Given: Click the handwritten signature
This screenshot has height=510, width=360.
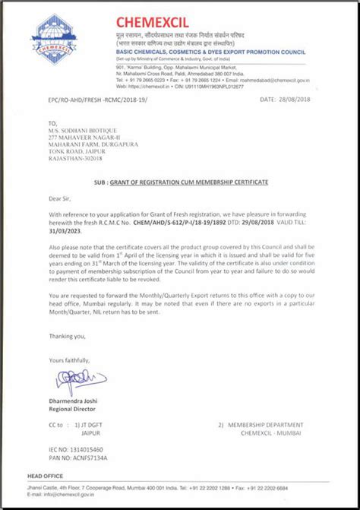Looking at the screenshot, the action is click(72, 377).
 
